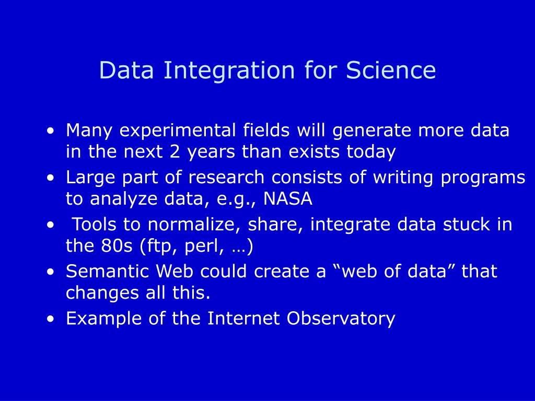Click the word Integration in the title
point(229,71)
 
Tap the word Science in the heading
point(391,70)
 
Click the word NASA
point(288,198)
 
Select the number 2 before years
point(175,151)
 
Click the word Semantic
point(108,271)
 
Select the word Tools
point(95,225)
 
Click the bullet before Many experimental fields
point(51,131)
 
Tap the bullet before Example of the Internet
point(51,319)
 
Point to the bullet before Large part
point(51,178)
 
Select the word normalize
point(194,225)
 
